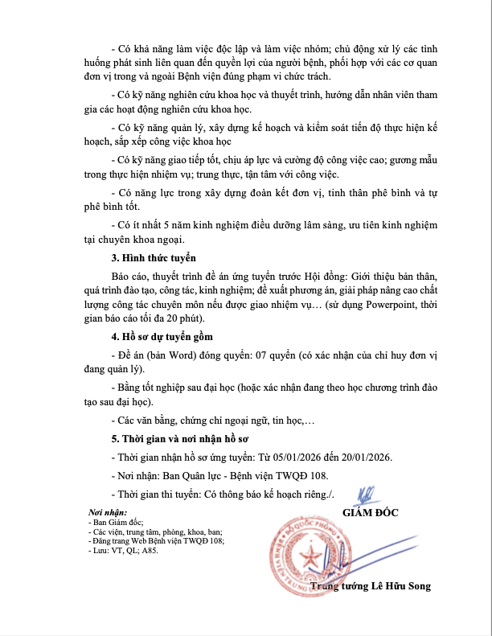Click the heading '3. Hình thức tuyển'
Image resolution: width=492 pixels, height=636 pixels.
[154, 258]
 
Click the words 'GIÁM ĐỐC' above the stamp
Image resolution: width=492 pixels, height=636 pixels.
[370, 513]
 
